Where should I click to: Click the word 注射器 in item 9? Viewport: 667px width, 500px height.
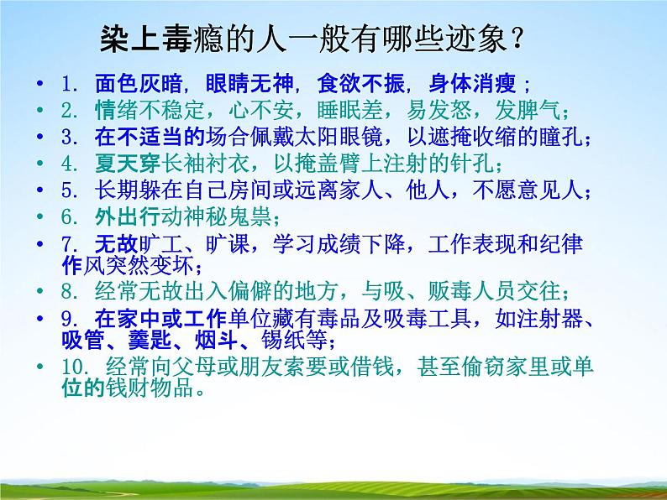[x=565, y=320]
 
